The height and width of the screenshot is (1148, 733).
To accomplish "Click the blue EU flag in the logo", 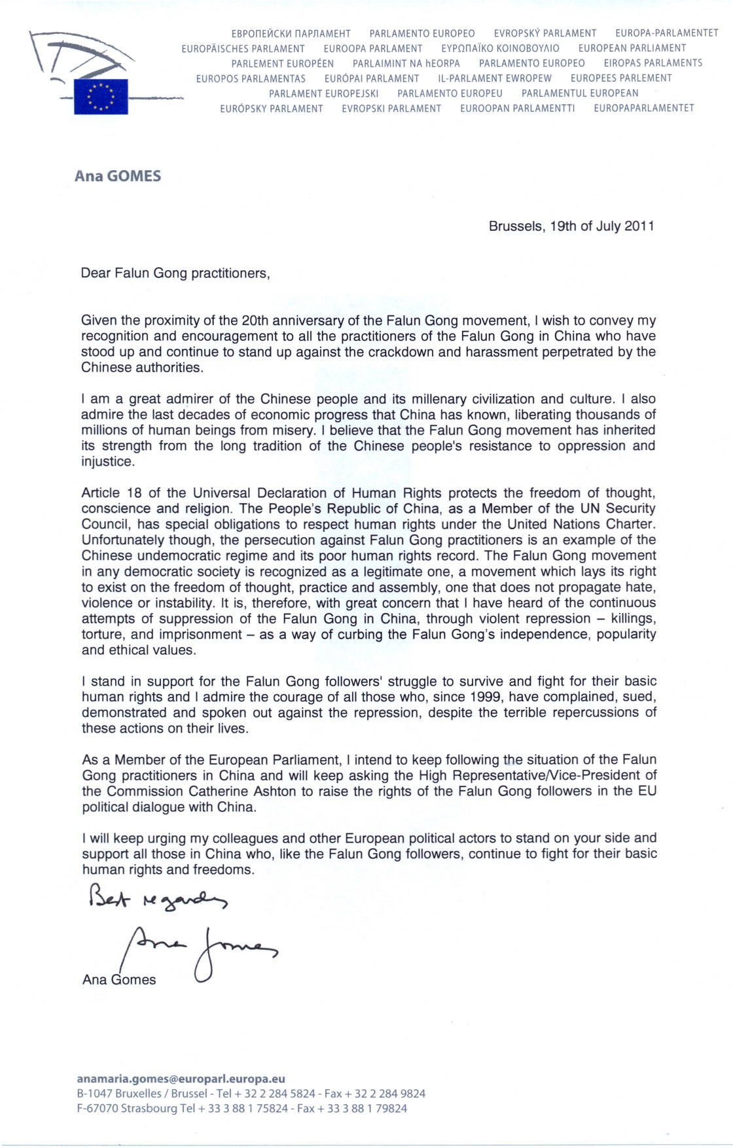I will pyautogui.click(x=101, y=96).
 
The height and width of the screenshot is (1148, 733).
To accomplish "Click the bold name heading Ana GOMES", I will pyautogui.click(x=118, y=176).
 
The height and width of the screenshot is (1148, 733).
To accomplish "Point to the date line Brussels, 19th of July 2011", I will pyautogui.click(x=571, y=226).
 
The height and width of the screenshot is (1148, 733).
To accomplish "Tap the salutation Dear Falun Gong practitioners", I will pyautogui.click(x=175, y=273).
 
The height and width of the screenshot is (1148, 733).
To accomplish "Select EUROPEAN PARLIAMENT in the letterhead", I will pyautogui.click(x=632, y=48).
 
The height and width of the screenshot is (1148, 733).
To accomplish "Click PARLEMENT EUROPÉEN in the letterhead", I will pyautogui.click(x=283, y=63).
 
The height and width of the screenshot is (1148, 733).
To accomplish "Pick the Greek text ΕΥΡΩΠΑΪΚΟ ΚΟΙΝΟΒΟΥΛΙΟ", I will pyautogui.click(x=500, y=48).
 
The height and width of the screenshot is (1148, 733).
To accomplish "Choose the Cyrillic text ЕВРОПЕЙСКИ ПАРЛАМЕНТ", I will pyautogui.click(x=291, y=33).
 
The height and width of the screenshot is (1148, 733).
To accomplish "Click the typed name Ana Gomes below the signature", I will pyautogui.click(x=119, y=980).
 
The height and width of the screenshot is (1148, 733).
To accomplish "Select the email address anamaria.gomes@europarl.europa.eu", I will pyautogui.click(x=181, y=1079).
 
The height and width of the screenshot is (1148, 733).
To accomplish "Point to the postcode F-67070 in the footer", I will pyautogui.click(x=98, y=1109).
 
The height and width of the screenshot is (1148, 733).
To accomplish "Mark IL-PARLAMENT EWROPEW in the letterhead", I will pyautogui.click(x=495, y=78).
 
